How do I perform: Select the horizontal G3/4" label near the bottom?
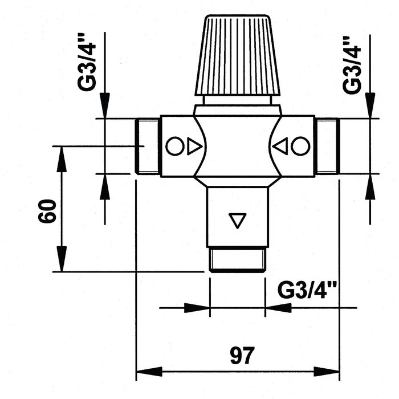click(307, 291)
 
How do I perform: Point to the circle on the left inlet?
click(174, 146)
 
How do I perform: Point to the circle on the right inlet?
click(300, 146)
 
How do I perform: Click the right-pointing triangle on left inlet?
click(194, 146)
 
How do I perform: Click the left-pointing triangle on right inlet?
click(280, 146)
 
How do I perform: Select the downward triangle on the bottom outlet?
click(236, 220)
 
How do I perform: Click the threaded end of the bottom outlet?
click(237, 260)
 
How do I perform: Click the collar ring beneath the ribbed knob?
click(238, 100)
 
